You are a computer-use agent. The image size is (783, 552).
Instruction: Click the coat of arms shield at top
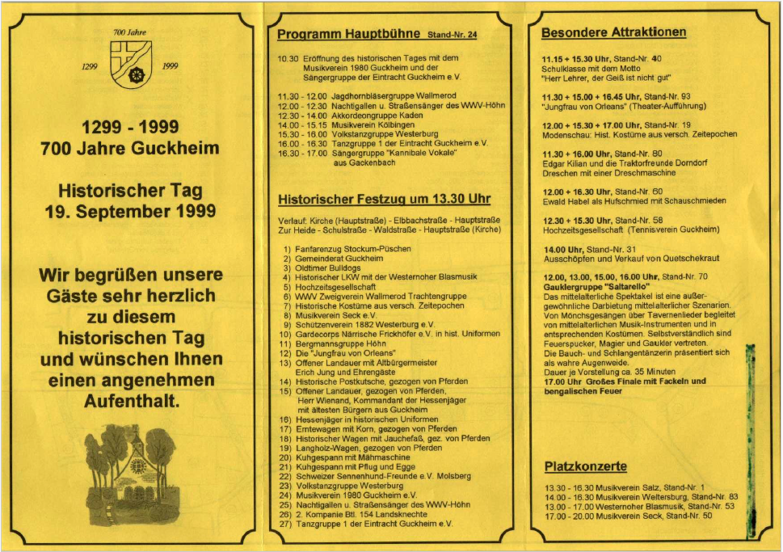pyautogui.click(x=130, y=64)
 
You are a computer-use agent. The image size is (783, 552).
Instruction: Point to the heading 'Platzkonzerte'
pyautogui.click(x=585, y=466)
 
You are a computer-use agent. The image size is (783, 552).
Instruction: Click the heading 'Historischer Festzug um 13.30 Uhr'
pyautogui.click(x=384, y=199)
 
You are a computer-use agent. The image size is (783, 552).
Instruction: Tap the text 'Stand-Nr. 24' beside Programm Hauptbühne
pyautogui.click(x=453, y=36)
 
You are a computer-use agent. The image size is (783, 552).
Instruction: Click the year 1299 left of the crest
pyautogui.click(x=91, y=67)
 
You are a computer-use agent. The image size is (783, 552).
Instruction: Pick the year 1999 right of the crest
pyautogui.click(x=170, y=67)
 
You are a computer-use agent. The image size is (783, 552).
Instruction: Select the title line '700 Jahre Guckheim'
pyautogui.click(x=129, y=149)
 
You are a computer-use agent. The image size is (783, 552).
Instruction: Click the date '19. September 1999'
pyautogui.click(x=129, y=212)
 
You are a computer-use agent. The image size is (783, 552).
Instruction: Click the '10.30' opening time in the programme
pyautogui.click(x=288, y=58)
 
